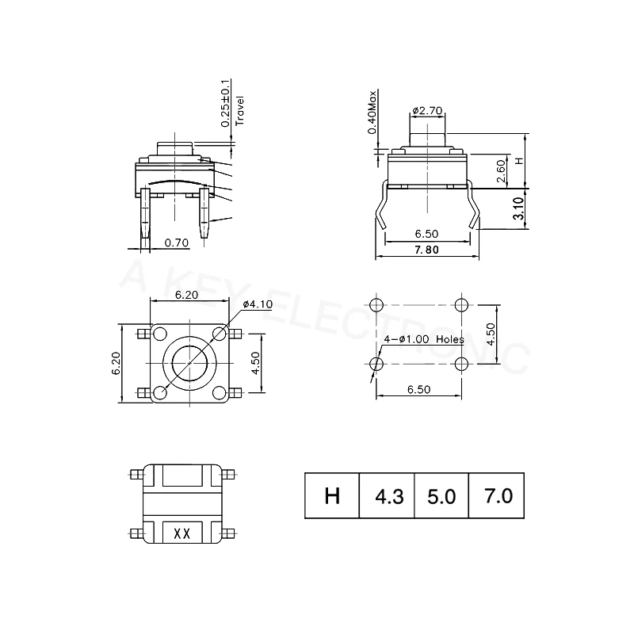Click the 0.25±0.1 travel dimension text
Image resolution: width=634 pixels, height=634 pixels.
[x=226, y=103]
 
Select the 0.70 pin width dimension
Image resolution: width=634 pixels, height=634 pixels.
[x=176, y=243]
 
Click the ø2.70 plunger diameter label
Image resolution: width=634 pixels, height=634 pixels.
[x=427, y=111]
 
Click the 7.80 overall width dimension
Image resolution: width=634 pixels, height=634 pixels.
[x=427, y=250]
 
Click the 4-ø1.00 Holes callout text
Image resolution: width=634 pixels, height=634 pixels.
[x=423, y=338]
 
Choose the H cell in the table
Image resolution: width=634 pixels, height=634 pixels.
[x=332, y=497]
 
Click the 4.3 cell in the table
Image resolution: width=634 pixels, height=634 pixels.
[x=388, y=497]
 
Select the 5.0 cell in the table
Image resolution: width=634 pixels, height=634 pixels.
[x=441, y=497]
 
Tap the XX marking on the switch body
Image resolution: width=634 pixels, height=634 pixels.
[x=181, y=533]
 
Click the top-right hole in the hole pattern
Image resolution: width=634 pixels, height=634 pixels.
[x=463, y=305]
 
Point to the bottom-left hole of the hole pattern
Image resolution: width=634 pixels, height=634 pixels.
[x=376, y=364]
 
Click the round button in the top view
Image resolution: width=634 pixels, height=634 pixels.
[x=187, y=364]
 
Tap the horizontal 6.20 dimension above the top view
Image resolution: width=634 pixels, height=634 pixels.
[x=185, y=295]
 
